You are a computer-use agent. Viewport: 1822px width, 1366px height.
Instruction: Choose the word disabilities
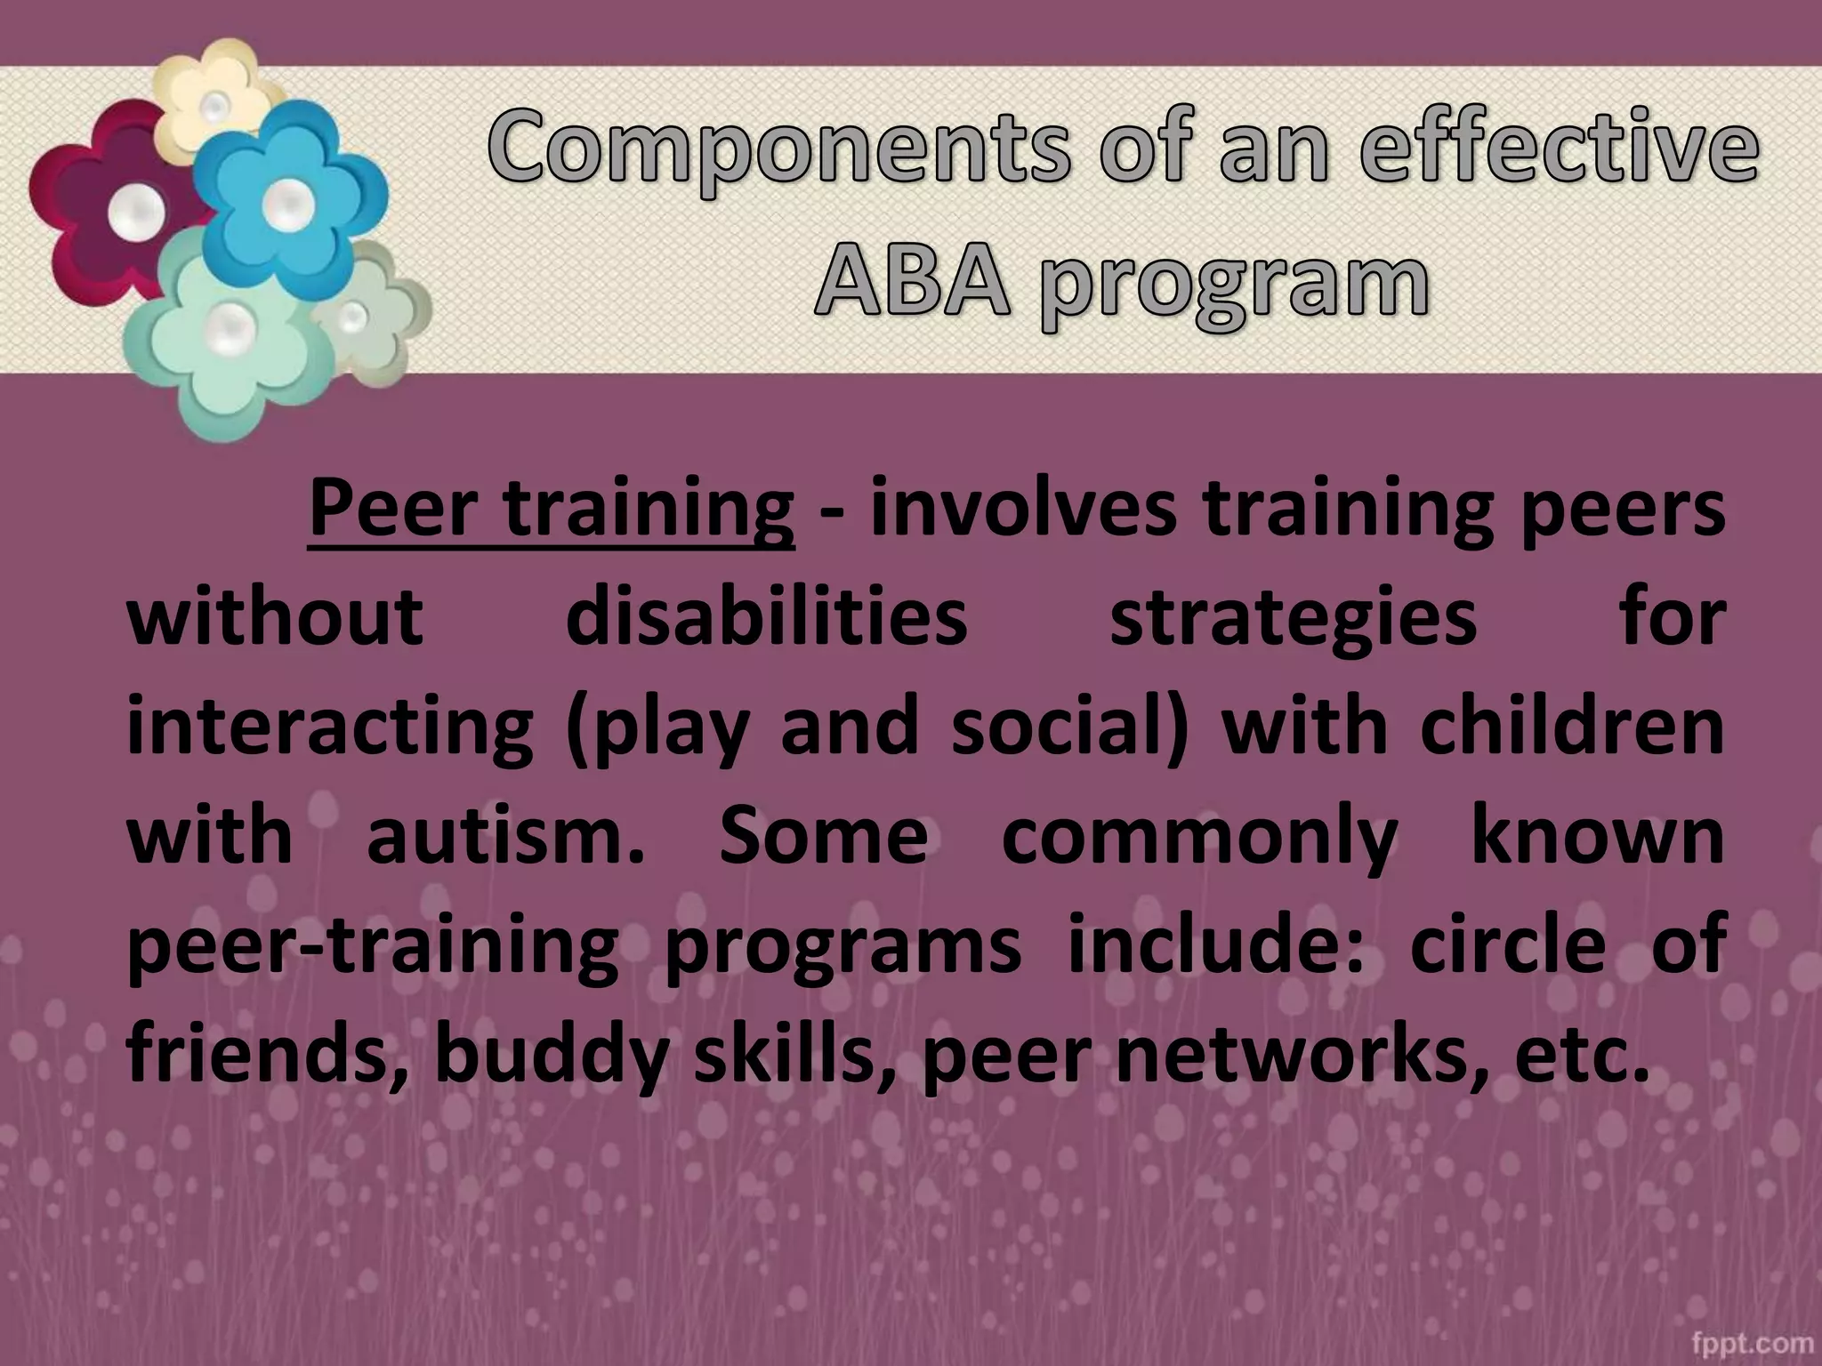766,617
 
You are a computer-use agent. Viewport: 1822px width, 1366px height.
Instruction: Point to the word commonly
1199,838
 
